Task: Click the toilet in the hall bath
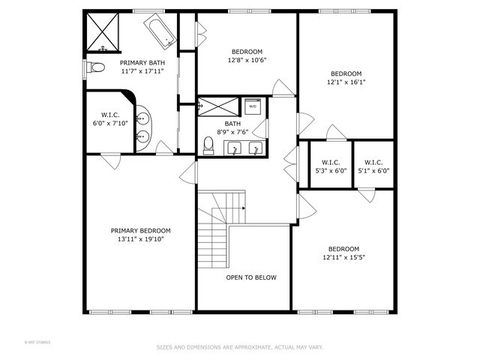click(x=207, y=146)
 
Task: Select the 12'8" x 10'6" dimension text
click(x=247, y=60)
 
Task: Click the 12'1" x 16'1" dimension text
click(x=346, y=81)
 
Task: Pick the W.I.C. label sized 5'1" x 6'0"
click(x=374, y=170)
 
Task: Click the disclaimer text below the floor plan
click(x=239, y=347)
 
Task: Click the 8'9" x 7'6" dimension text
click(x=232, y=132)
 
